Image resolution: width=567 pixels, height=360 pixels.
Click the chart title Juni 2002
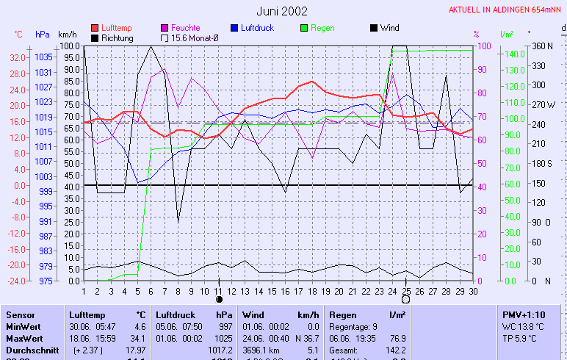[x=283, y=11]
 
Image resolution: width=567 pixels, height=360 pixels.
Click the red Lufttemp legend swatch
[x=95, y=28]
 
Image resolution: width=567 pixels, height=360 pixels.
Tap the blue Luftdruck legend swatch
[x=235, y=28]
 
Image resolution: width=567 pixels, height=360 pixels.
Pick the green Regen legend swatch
[x=305, y=28]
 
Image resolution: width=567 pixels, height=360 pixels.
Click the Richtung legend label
[x=118, y=37]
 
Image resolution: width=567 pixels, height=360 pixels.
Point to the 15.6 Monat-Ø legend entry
[x=194, y=37]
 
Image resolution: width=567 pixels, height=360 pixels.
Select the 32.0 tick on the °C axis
[x=18, y=57]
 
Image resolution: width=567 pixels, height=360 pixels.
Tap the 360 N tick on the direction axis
[x=542, y=46]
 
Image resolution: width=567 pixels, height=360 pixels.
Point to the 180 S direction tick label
[x=542, y=163]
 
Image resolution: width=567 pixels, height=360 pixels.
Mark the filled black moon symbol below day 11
[x=218, y=299]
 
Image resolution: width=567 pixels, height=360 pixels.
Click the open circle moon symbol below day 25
[x=405, y=299]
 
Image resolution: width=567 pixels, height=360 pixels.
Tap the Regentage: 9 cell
[x=351, y=325]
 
